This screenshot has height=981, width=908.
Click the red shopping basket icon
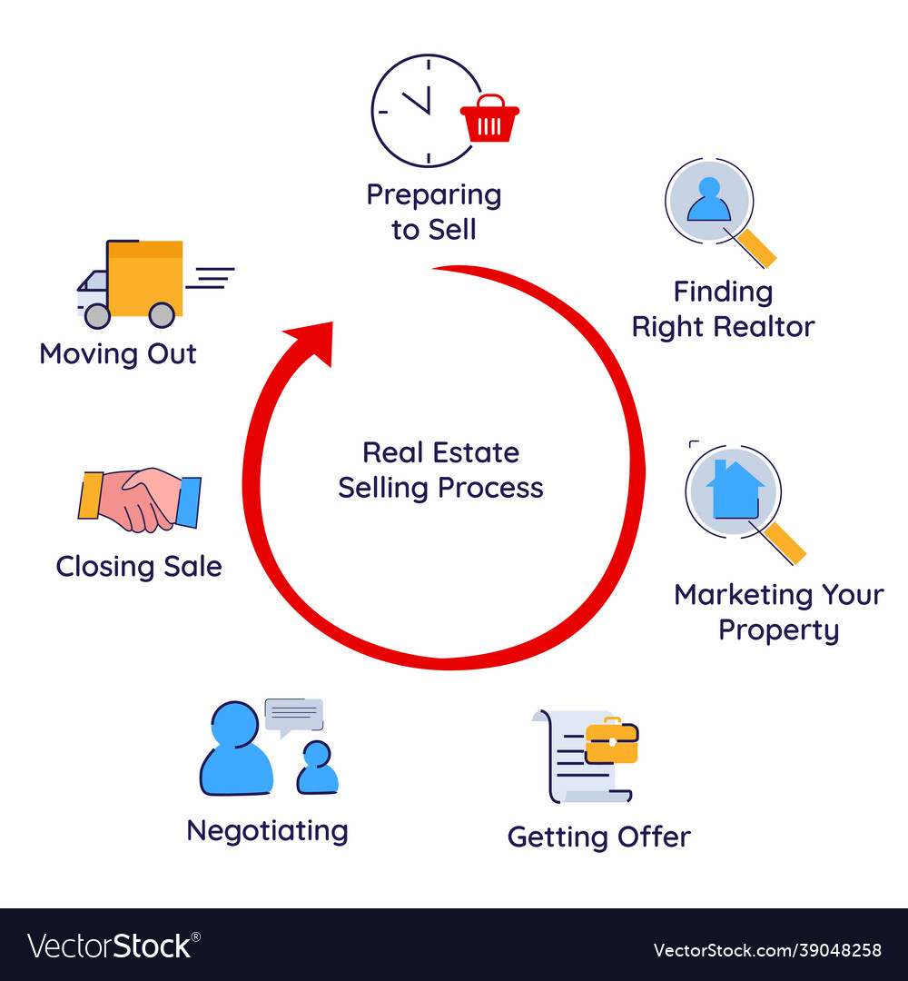(489, 118)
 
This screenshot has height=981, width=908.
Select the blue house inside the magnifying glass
(735, 490)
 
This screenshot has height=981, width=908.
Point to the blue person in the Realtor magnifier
(708, 200)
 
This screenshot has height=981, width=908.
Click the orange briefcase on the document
(612, 740)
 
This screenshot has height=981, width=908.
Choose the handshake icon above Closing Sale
(140, 500)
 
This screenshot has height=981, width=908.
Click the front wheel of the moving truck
(97, 316)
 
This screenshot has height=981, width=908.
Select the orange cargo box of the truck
(145, 279)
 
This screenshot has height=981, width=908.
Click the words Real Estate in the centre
(441, 452)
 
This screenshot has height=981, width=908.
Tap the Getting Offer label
(599, 837)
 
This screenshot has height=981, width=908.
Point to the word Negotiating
(267, 831)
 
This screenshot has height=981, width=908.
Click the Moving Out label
(117, 354)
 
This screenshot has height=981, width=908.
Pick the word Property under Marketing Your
(778, 630)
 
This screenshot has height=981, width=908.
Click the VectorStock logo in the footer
(113, 946)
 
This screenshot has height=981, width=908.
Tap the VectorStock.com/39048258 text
(767, 950)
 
